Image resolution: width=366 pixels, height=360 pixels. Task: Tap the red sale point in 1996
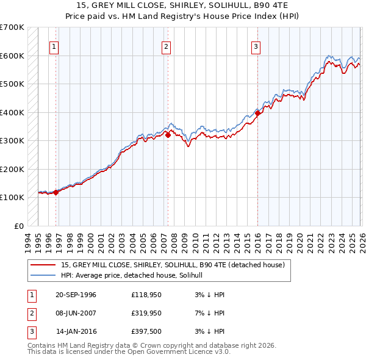tap(56, 192)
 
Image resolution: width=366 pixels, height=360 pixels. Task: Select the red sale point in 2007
tap(168, 135)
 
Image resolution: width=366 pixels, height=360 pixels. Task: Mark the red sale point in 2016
tap(257, 113)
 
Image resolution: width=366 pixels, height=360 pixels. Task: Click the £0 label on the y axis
tap(19, 226)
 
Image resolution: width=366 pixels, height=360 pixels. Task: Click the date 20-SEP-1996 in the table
tap(76, 295)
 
